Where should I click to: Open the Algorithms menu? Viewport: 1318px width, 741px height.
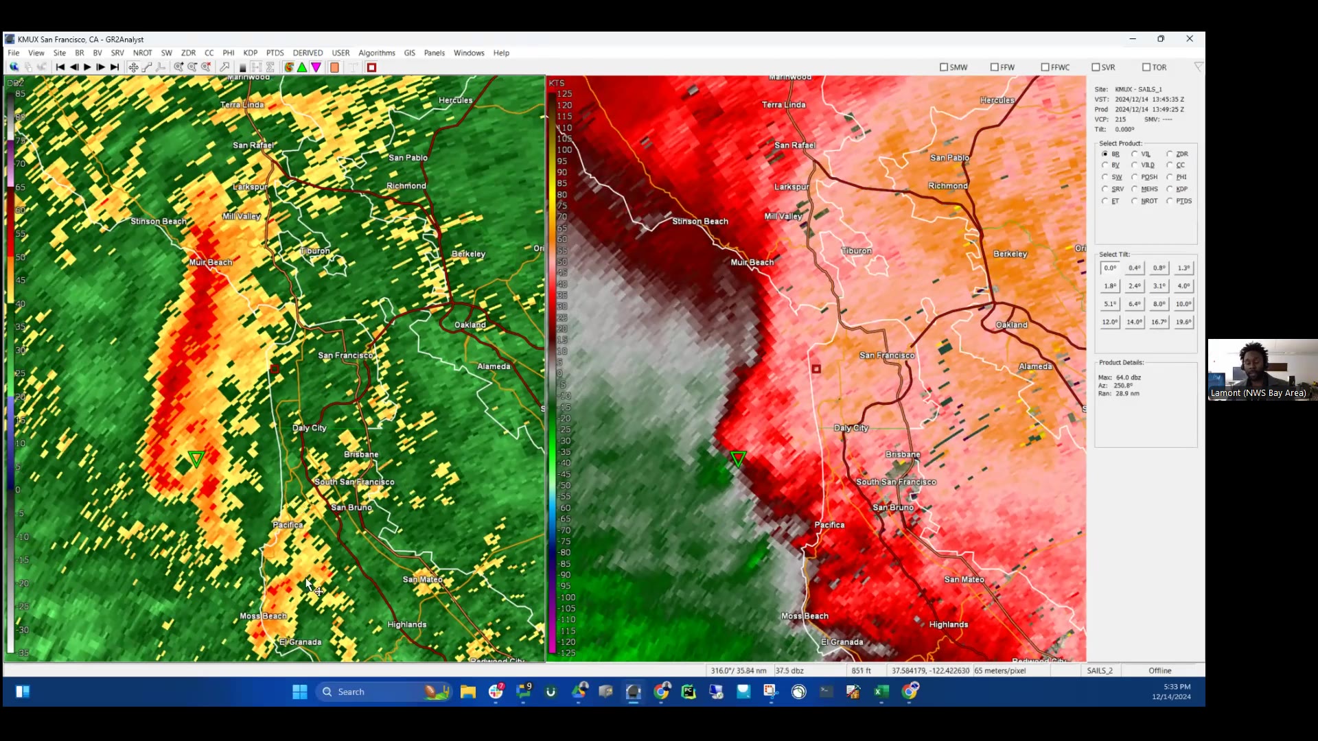coord(376,53)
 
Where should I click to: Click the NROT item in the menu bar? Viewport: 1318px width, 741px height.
coord(142,53)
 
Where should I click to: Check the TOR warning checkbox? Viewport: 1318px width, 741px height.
coord(1146,67)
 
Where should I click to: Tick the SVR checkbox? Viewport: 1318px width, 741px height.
coord(1096,67)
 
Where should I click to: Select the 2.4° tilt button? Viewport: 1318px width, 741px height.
coord(1134,286)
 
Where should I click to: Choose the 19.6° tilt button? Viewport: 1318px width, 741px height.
coord(1183,322)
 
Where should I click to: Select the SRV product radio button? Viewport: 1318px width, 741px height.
coord(1105,189)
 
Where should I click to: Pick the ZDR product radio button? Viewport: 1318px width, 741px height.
coord(1170,154)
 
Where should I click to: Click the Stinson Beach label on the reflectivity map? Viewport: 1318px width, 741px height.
coord(159,222)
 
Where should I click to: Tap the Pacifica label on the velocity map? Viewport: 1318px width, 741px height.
coord(829,525)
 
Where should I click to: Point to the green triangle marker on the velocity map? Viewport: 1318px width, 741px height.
coord(738,458)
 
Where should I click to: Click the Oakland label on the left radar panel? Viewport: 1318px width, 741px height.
coord(470,325)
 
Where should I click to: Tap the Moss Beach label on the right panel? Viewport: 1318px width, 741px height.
coord(805,616)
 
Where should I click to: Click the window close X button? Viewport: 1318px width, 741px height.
coord(1190,39)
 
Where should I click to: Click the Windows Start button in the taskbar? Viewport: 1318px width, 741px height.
coord(300,692)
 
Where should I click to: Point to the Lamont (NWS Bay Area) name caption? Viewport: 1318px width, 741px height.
coord(1258,393)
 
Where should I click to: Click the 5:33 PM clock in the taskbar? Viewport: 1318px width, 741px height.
coord(1177,687)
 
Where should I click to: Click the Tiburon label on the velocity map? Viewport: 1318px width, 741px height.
coord(856,251)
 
